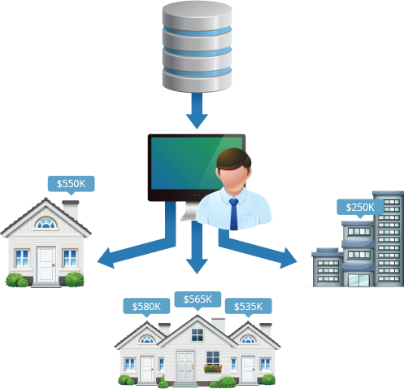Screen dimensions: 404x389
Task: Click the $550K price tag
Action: (72, 185)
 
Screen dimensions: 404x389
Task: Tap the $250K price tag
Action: (360, 208)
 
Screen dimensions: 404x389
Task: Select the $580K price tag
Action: (146, 307)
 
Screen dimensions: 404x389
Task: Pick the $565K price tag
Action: (198, 300)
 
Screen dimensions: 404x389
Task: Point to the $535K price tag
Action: (249, 307)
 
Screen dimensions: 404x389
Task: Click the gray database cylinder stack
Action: (197, 46)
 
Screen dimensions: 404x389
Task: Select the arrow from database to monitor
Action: (197, 111)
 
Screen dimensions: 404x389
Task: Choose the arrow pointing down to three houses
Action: (197, 247)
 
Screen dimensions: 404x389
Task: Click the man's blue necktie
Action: (233, 214)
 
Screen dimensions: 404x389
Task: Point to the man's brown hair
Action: (234, 158)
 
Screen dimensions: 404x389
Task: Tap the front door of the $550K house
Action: (46, 264)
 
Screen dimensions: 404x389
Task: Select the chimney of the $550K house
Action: (71, 210)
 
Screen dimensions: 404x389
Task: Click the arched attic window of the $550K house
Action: (46, 224)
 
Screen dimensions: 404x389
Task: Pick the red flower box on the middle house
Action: (213, 368)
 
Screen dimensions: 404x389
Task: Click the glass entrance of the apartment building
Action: (358, 280)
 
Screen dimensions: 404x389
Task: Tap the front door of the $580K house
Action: (147, 369)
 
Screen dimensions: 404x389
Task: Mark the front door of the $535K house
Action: (249, 369)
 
